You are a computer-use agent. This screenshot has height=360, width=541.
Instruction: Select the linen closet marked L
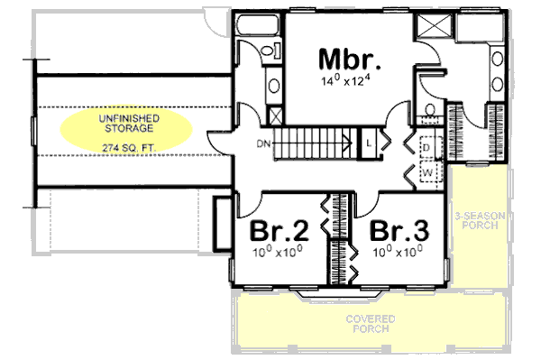tap(370, 143)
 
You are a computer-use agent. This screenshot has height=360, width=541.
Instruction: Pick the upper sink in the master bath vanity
tap(498, 61)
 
